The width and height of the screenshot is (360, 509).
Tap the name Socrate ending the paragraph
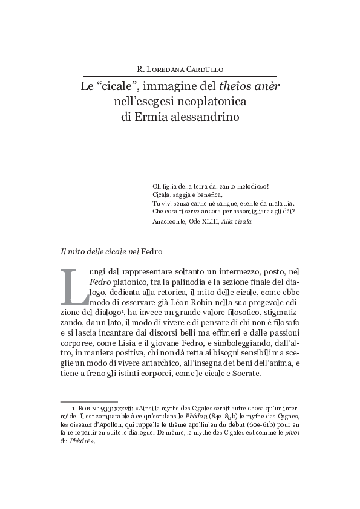pyautogui.click(x=244, y=374)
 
